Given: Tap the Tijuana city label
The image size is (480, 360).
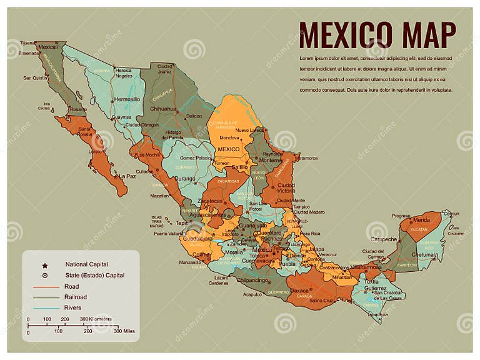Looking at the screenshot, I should click(x=27, y=42).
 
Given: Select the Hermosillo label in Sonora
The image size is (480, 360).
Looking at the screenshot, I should click(x=127, y=99).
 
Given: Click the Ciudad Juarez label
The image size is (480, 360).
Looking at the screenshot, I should click(x=164, y=69).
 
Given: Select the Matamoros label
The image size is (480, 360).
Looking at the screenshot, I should click(x=306, y=158).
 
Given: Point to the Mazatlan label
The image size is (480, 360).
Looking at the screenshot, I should click(x=159, y=196).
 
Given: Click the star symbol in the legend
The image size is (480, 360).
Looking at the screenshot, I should click(x=44, y=265).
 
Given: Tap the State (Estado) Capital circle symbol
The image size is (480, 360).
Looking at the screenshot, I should click(x=44, y=276).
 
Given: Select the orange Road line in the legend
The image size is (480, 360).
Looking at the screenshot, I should click(x=44, y=287).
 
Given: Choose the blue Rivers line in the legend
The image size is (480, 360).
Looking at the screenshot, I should click(x=44, y=308).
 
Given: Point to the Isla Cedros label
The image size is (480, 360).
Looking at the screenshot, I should click(x=44, y=106).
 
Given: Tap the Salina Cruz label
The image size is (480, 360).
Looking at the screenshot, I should click(x=321, y=301).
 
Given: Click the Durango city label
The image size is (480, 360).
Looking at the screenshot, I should click(x=186, y=178).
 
